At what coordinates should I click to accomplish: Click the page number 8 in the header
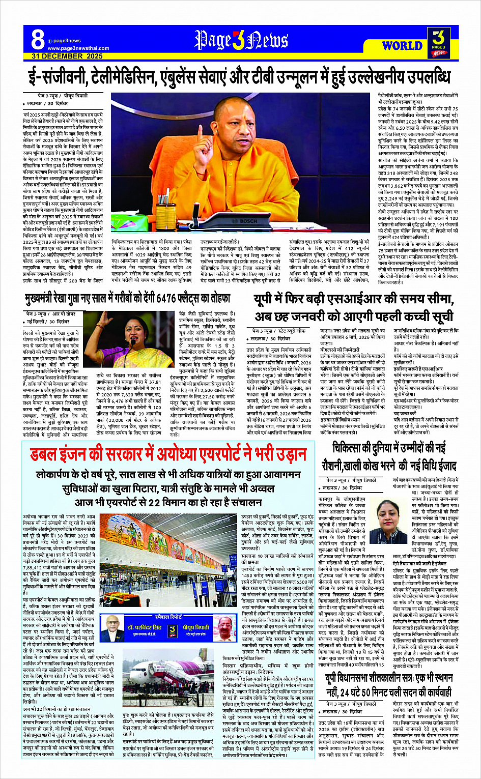pos(38,39)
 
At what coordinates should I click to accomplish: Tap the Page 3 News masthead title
pos(241,40)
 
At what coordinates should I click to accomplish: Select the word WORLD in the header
pos(402,46)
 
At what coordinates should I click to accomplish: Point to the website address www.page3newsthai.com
pos(78,48)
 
